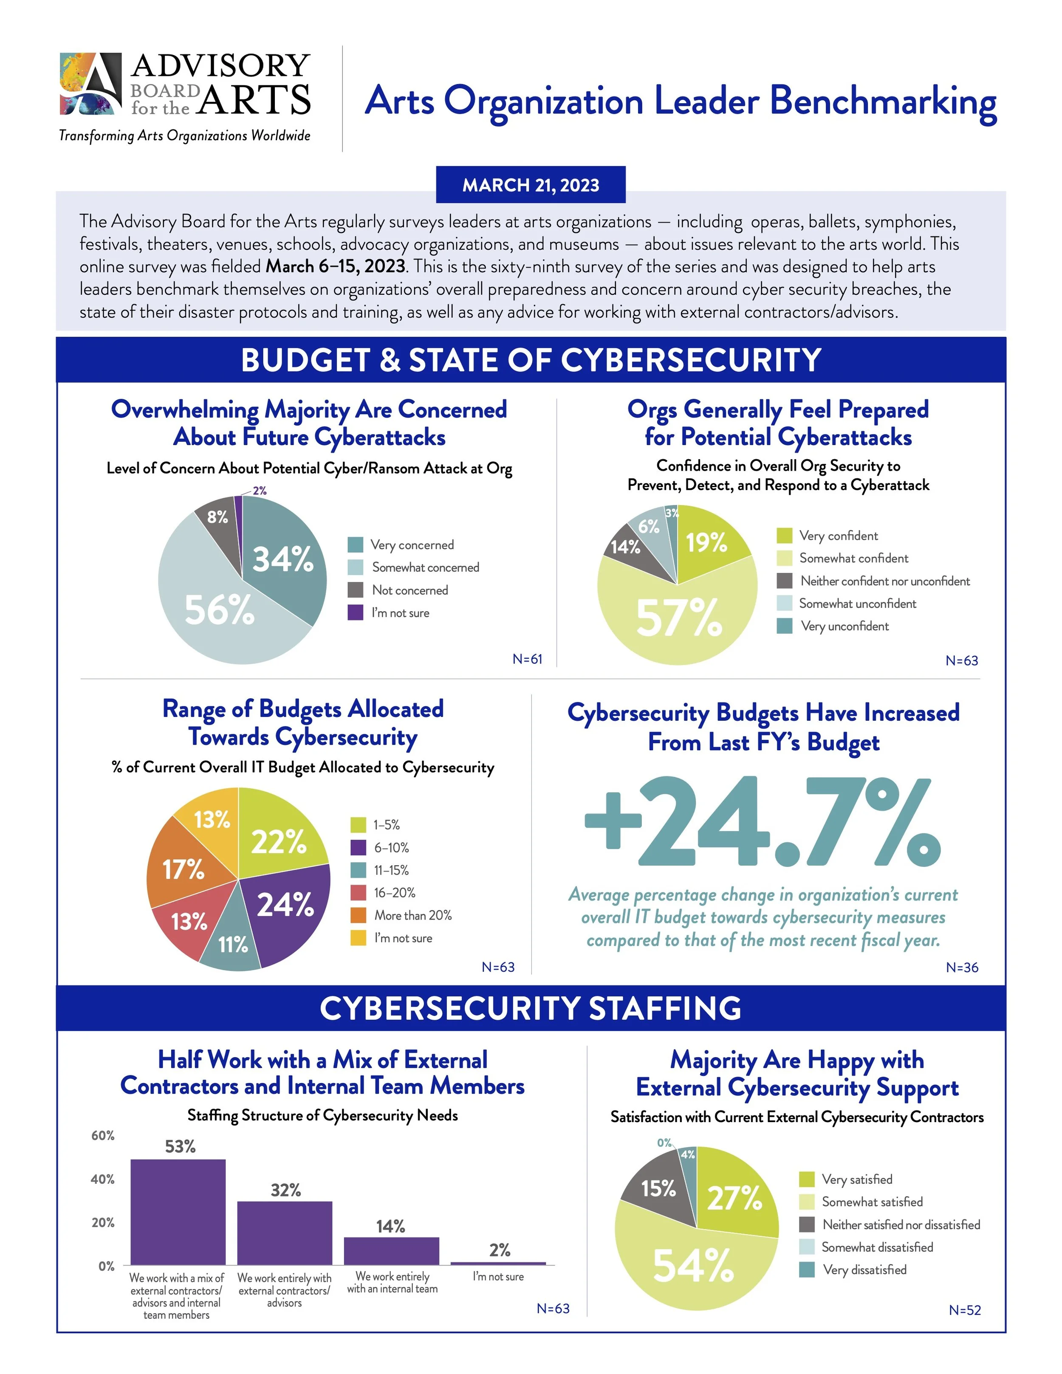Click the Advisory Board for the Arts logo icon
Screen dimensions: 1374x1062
pos(90,84)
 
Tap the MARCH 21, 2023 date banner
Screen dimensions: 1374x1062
pos(531,185)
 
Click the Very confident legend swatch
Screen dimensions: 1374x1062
pos(785,536)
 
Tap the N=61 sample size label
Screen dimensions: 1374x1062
pos(527,659)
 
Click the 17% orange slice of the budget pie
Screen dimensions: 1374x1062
pos(183,869)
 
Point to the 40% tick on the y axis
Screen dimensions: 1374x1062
pos(103,1179)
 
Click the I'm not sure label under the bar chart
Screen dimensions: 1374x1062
pos(498,1276)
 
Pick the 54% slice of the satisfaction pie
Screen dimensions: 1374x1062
pos(692,1264)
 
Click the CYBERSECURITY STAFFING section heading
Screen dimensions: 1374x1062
pos(531,1008)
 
